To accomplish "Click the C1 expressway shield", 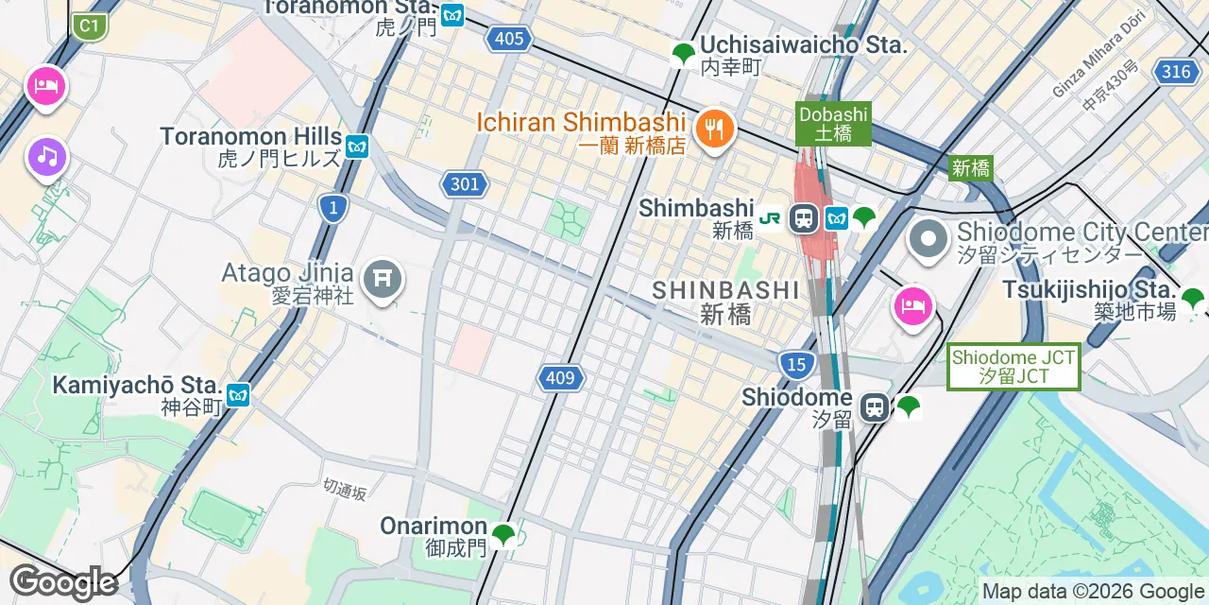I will pos(90,26).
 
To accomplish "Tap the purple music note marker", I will pos(46,156).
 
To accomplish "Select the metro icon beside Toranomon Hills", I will pos(356,147).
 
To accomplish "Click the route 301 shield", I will pos(465,184).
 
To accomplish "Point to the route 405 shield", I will pos(508,39).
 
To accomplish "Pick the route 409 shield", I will pos(560,379).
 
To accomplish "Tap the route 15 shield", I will pos(797,364).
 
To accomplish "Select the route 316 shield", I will pos(1177,72).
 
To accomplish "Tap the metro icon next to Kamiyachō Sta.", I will pos(238,395).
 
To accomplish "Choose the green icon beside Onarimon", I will pos(503,535).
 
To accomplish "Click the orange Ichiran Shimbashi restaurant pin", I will pos(715,128).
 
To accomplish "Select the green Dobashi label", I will pos(833,124).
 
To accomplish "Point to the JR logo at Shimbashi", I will pos(770,218).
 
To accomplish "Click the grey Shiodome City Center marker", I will pos(928,239).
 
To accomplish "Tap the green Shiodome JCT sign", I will pos(1013,367).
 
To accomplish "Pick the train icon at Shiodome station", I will pos(876,407).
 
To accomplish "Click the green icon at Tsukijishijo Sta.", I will pos(1193,300).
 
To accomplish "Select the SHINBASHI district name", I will pos(725,289).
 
